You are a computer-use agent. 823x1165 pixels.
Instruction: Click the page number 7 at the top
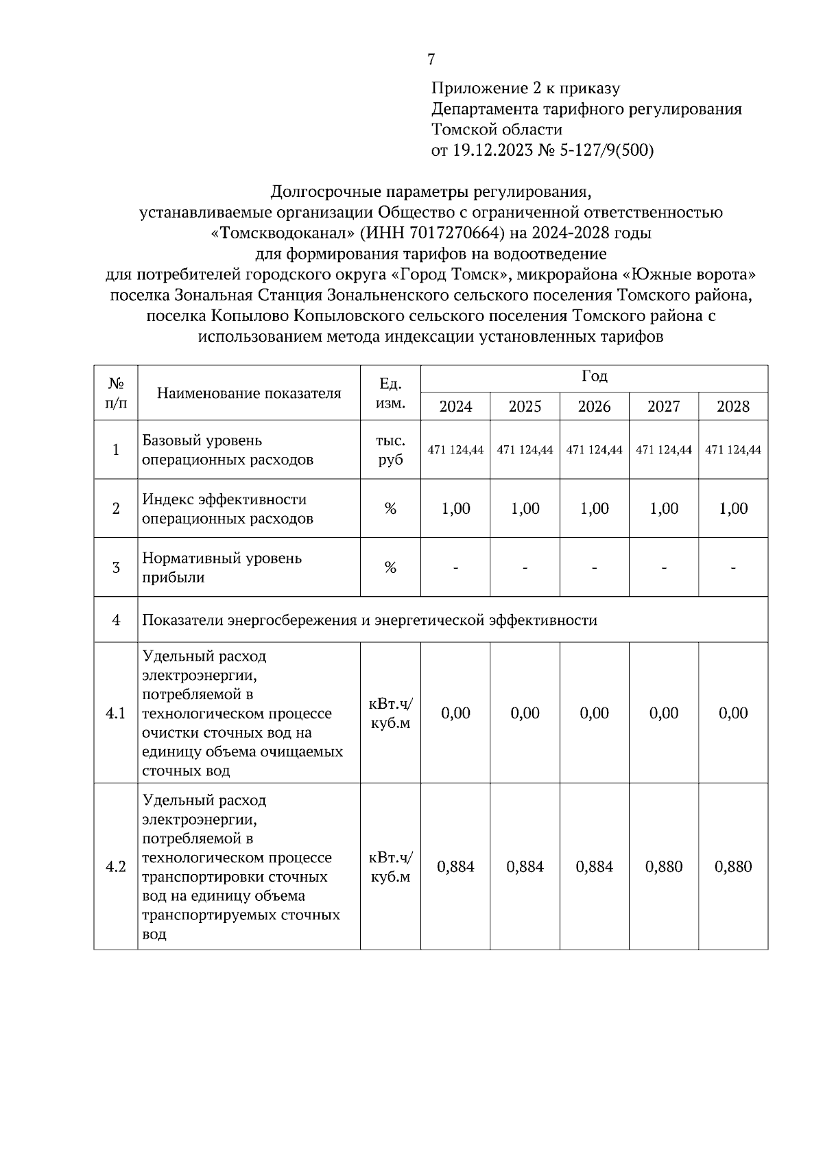[x=431, y=60]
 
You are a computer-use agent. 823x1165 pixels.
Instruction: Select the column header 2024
[x=455, y=406]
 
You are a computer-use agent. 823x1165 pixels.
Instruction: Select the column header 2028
[x=732, y=406]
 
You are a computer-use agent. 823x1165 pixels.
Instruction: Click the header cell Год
[x=594, y=377]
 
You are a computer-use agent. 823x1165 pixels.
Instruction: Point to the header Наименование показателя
[x=249, y=393]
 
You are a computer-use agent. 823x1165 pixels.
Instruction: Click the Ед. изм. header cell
[x=390, y=393]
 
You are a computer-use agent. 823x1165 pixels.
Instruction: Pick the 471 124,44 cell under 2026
[x=594, y=450]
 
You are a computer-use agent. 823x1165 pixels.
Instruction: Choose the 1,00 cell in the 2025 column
[x=525, y=508]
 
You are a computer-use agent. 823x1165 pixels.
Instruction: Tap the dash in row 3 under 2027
[x=663, y=567]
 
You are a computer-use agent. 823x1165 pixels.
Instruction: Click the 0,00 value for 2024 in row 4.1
[x=455, y=713]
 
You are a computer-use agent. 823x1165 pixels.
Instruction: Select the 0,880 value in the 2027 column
[x=663, y=867]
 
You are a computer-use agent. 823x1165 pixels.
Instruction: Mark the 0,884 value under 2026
[x=594, y=867]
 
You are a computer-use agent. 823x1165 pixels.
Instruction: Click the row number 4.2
[x=116, y=867]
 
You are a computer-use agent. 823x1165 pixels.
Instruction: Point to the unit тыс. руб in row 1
[x=390, y=450]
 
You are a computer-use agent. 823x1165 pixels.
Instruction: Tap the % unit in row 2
[x=390, y=508]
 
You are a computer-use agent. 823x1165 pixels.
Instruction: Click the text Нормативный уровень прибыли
[x=222, y=567]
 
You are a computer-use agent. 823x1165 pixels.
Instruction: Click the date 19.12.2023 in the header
[x=492, y=150]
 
